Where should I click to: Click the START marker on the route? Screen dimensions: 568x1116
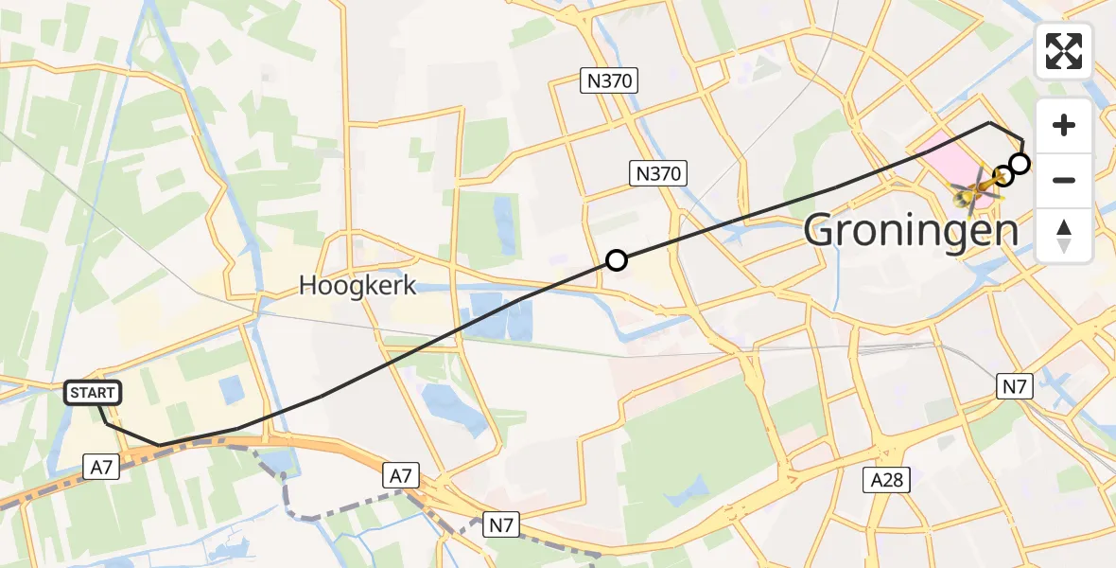(93, 393)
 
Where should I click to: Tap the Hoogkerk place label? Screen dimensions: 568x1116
(357, 285)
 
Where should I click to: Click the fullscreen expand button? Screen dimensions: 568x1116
(1064, 51)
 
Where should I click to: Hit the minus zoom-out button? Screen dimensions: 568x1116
(1064, 180)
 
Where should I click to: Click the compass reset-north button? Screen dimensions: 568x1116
(1064, 236)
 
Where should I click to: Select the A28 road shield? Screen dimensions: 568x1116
(886, 480)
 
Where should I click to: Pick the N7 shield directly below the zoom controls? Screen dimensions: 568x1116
(1015, 385)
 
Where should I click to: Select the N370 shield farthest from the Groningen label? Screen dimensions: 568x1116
(609, 81)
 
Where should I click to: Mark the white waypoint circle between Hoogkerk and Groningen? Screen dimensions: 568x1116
(616, 260)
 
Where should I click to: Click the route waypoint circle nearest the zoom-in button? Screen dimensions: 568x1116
(1020, 165)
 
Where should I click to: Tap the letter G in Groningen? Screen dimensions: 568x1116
(823, 230)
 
